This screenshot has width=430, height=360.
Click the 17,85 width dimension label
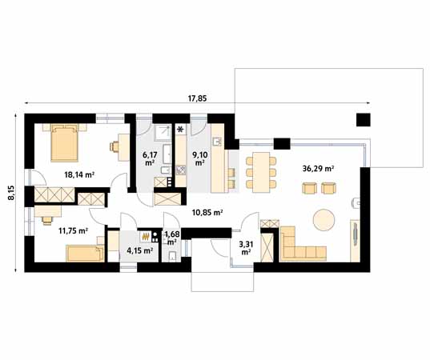tap(198, 98)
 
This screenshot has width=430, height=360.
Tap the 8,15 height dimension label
tap(11, 193)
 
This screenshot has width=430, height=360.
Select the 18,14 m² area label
tap(79, 174)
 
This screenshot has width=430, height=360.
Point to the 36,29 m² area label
tap(318, 169)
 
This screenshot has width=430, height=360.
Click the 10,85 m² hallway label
tap(207, 212)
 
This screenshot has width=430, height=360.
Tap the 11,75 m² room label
tap(73, 230)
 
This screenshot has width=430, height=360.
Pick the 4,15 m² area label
tap(140, 250)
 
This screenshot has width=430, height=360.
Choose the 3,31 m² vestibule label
tap(246, 248)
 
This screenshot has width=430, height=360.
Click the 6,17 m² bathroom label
tap(150, 159)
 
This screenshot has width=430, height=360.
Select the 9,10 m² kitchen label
tap(200, 159)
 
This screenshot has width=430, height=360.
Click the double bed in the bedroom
tap(65, 142)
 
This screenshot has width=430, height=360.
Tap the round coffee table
tap(324, 220)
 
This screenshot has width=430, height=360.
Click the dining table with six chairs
tap(261, 172)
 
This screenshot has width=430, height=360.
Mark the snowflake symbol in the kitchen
tap(180, 130)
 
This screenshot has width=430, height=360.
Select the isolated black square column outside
tap(364, 120)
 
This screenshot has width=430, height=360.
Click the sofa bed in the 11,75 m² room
tap(85, 254)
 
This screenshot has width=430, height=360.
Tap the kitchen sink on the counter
tap(217, 142)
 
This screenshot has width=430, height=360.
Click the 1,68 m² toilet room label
tap(172, 238)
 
